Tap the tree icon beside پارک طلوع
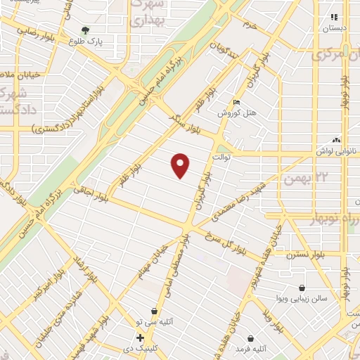point(85,31)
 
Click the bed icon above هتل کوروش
point(236,103)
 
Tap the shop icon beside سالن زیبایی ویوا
point(302,288)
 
